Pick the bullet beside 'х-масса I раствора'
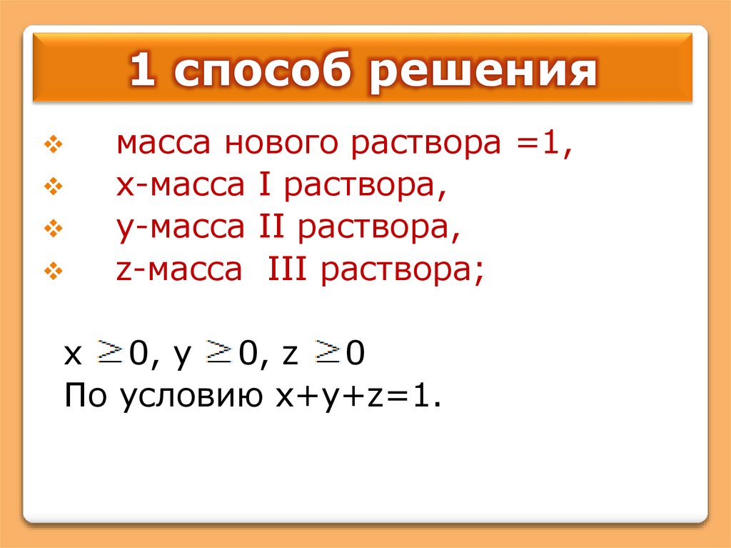(x=54, y=188)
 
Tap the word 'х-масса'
(x=182, y=188)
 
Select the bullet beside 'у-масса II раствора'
(x=54, y=229)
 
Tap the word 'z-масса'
(x=180, y=272)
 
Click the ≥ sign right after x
(x=111, y=352)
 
